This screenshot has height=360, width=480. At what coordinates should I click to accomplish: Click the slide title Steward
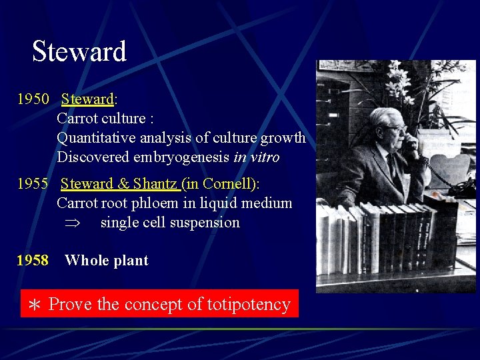(x=79, y=51)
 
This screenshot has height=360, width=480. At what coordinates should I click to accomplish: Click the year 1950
(x=33, y=99)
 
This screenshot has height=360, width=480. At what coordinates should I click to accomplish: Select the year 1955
(x=33, y=183)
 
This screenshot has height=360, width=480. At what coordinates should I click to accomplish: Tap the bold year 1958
(x=33, y=261)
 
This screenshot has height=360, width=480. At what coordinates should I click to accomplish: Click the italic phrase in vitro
(x=257, y=157)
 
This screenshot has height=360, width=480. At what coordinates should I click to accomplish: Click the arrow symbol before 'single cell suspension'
(x=70, y=223)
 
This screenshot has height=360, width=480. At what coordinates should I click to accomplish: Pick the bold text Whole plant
(x=107, y=261)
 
